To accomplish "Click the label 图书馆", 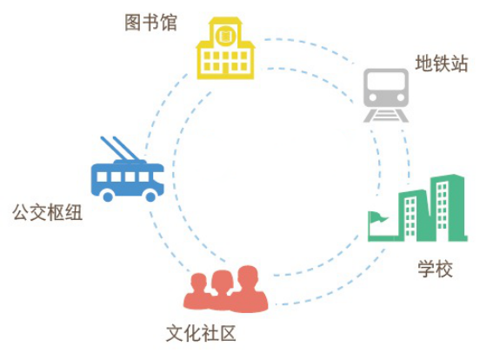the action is point(151,23).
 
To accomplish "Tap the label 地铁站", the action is point(442,63).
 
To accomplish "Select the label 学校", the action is point(435,269).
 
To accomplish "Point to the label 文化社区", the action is point(201,333).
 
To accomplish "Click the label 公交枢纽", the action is point(48,212).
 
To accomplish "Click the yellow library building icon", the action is point(225,48).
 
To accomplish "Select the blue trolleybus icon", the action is point(127,169).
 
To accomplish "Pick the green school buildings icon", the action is point(418,208).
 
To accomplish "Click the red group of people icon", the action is point(225,289).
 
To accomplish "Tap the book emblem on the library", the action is point(225,36).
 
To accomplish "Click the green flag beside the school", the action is point(378,217).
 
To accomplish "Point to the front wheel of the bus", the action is point(150,197).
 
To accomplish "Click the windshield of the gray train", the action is point(386,82).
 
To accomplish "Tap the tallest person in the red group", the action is point(249,289).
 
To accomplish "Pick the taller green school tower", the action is point(448,208).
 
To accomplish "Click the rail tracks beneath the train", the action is point(386,116).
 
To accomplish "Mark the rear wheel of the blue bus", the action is point(108,197).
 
